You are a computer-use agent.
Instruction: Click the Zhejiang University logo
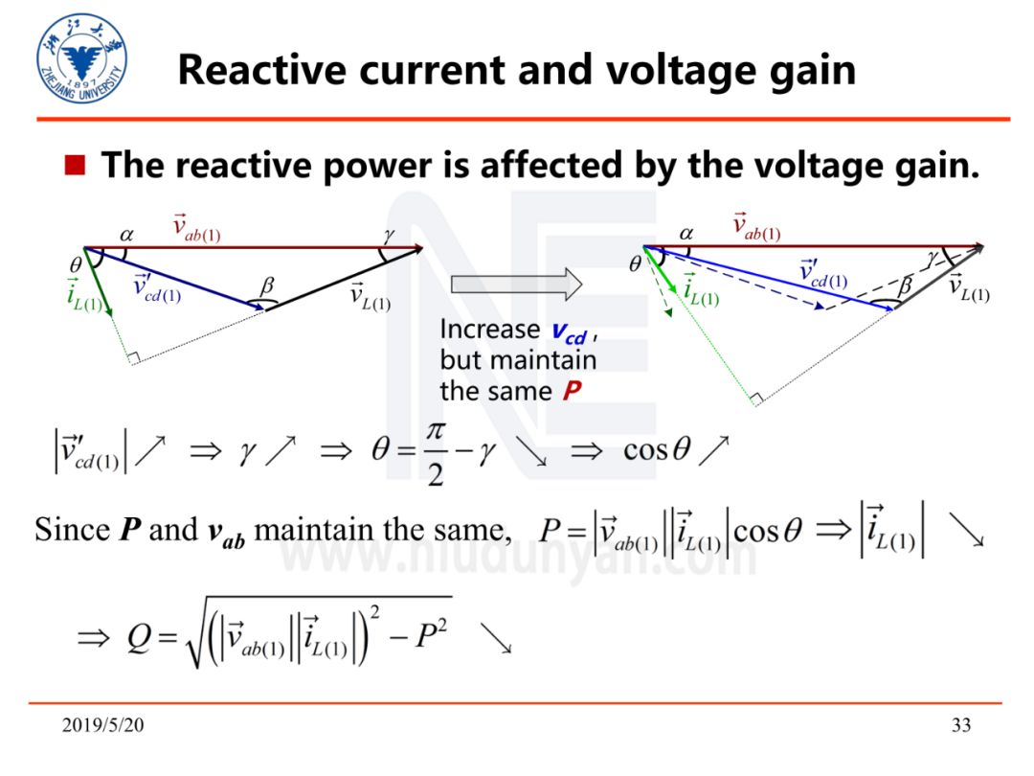coord(81,59)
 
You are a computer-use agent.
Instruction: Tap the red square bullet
coord(76,166)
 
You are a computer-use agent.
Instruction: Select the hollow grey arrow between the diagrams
coord(516,283)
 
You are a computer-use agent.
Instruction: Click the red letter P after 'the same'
coord(573,392)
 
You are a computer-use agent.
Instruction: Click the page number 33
coord(960,725)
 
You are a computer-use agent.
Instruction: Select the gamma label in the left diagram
coord(387,233)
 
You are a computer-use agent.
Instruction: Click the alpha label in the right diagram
coord(686,232)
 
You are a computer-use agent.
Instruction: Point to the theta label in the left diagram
coord(76,262)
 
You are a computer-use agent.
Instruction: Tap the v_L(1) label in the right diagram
coord(968,287)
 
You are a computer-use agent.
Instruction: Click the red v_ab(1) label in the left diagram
coord(196,227)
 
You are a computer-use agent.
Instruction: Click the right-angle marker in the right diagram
coord(755,398)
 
